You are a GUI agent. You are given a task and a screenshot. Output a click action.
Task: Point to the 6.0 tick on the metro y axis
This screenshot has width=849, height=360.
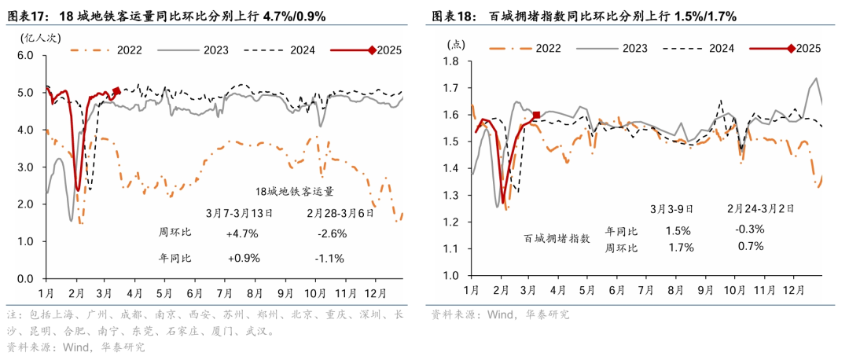point(24,56)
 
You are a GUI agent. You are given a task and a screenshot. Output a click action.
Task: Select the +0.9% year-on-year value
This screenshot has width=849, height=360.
point(243,258)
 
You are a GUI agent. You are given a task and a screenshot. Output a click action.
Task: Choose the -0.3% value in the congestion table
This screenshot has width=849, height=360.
point(751,229)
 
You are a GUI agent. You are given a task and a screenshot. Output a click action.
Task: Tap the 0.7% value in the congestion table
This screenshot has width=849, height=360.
point(751,246)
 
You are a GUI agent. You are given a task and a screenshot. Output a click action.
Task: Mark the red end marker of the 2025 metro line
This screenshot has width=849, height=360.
point(116,91)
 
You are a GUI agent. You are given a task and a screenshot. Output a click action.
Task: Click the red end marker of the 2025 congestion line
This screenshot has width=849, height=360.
point(536,116)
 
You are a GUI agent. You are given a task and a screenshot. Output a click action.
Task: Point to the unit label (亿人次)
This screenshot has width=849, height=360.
point(34,37)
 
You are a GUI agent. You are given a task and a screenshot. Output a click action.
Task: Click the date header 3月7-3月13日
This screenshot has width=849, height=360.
point(239,212)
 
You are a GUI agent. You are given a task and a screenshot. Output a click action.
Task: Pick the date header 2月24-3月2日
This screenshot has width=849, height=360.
point(760,208)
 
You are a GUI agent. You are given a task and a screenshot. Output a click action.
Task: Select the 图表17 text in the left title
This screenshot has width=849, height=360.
point(28,16)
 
